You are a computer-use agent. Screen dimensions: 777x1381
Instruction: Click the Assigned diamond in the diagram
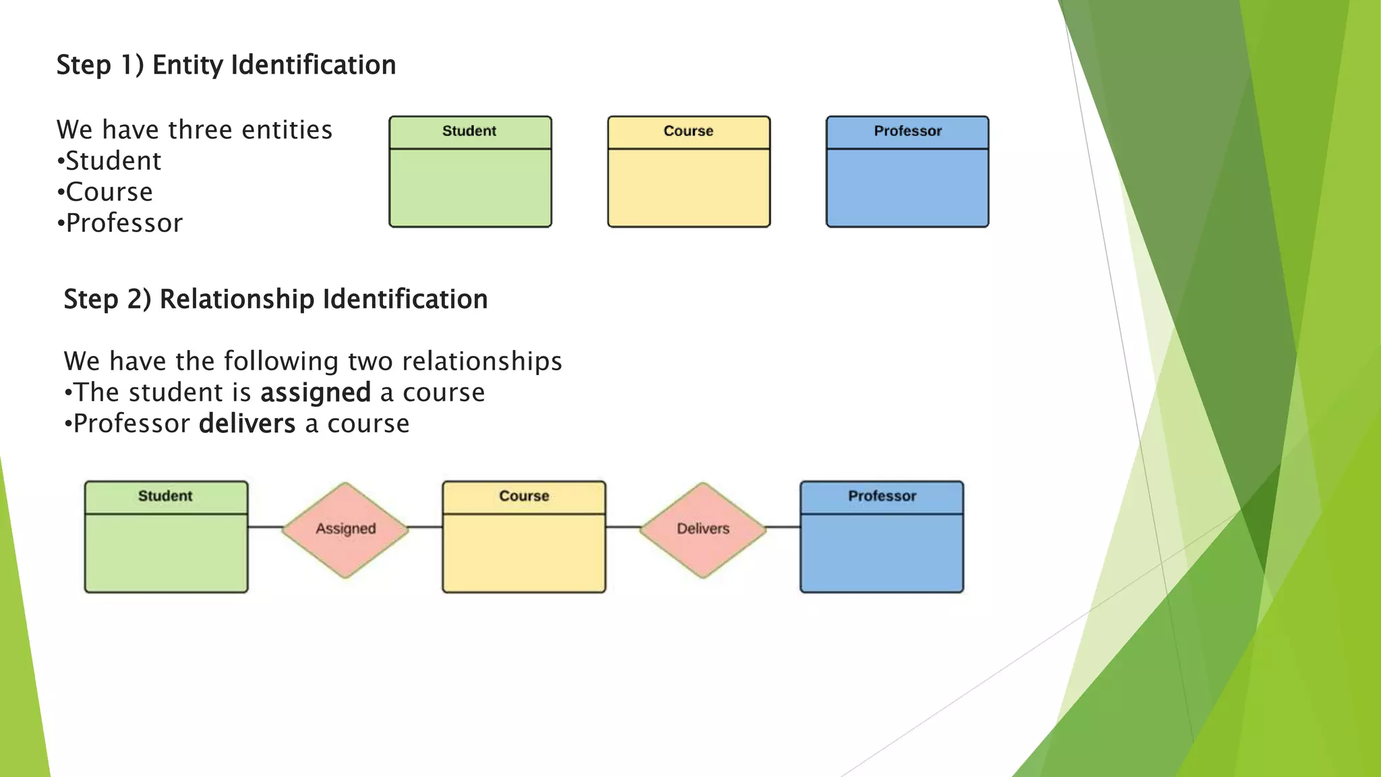(x=345, y=529)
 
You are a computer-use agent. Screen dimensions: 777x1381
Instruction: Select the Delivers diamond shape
(x=703, y=529)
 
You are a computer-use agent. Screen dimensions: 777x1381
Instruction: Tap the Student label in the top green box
(x=469, y=132)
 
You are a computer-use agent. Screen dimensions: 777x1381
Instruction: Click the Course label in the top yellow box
(x=688, y=132)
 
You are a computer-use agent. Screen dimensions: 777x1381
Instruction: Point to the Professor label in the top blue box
(x=908, y=132)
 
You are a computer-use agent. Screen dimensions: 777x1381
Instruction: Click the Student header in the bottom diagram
(x=165, y=496)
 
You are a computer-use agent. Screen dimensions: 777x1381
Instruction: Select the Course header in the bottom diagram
(x=524, y=496)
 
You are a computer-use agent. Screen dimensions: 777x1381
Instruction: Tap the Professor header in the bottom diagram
(x=882, y=496)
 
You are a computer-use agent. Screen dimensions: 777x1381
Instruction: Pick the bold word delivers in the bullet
(x=247, y=424)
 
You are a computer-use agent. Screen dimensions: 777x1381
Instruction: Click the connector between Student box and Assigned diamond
(x=265, y=527)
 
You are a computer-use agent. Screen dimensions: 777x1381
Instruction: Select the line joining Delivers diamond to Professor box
(x=784, y=527)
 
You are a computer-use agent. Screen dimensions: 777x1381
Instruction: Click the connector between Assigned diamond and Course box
(x=425, y=527)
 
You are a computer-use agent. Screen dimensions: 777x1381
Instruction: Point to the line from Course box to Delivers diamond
(x=622, y=527)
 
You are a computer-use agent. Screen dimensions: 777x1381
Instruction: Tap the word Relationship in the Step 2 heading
(x=236, y=299)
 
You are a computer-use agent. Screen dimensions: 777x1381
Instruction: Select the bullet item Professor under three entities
(x=124, y=223)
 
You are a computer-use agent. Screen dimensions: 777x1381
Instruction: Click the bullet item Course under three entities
(x=109, y=192)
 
